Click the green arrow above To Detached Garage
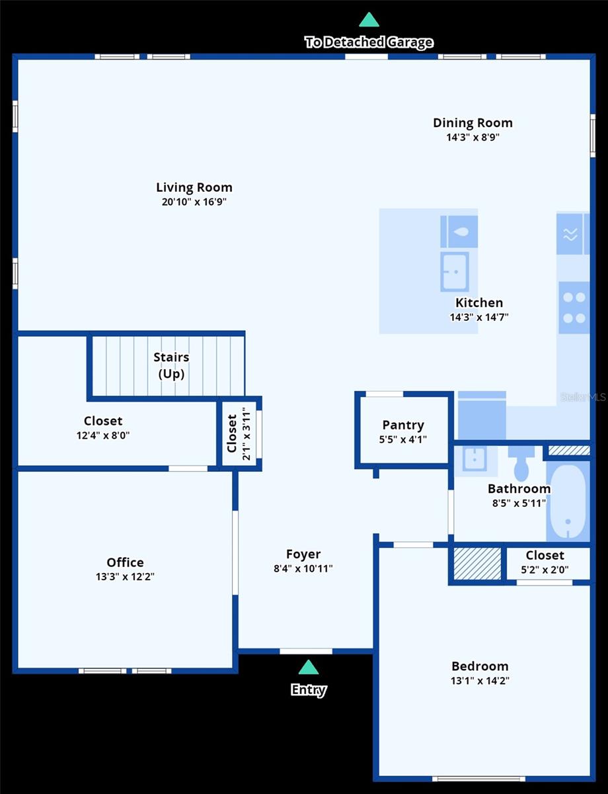(369, 20)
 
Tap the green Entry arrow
(309, 667)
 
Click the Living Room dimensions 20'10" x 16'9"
(194, 202)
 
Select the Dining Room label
(473, 123)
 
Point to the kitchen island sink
(455, 271)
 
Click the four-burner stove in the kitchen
(574, 308)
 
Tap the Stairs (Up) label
(171, 365)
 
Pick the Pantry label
(403, 425)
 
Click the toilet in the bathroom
(521, 463)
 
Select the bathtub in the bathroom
(568, 502)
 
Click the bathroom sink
(475, 459)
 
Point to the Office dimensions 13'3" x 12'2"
(125, 576)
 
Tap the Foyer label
(303, 554)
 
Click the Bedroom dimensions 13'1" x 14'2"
(480, 680)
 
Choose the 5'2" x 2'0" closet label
(545, 569)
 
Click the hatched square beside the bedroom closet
(477, 564)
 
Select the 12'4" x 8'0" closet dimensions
(103, 435)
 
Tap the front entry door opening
(306, 651)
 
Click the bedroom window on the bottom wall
(478, 779)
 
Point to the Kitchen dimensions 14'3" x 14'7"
(479, 317)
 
